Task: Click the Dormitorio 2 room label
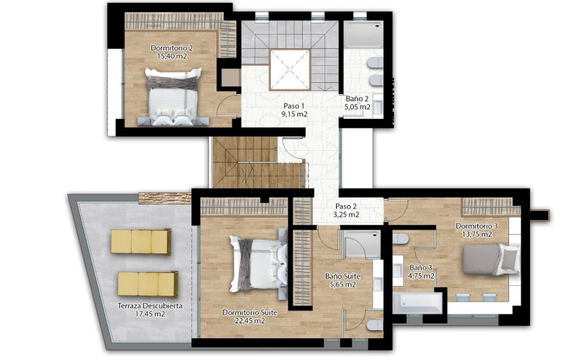(x=172, y=48)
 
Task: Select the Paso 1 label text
(x=295, y=107)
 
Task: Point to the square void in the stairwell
(x=290, y=70)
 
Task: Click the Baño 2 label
(x=357, y=99)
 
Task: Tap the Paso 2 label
(x=346, y=206)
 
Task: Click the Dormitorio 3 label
(x=477, y=226)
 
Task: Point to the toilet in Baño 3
(x=401, y=240)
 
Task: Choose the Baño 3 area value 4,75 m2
(x=421, y=276)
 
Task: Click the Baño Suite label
(x=342, y=276)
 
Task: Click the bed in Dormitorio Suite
(x=257, y=262)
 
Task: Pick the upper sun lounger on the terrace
(x=141, y=240)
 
